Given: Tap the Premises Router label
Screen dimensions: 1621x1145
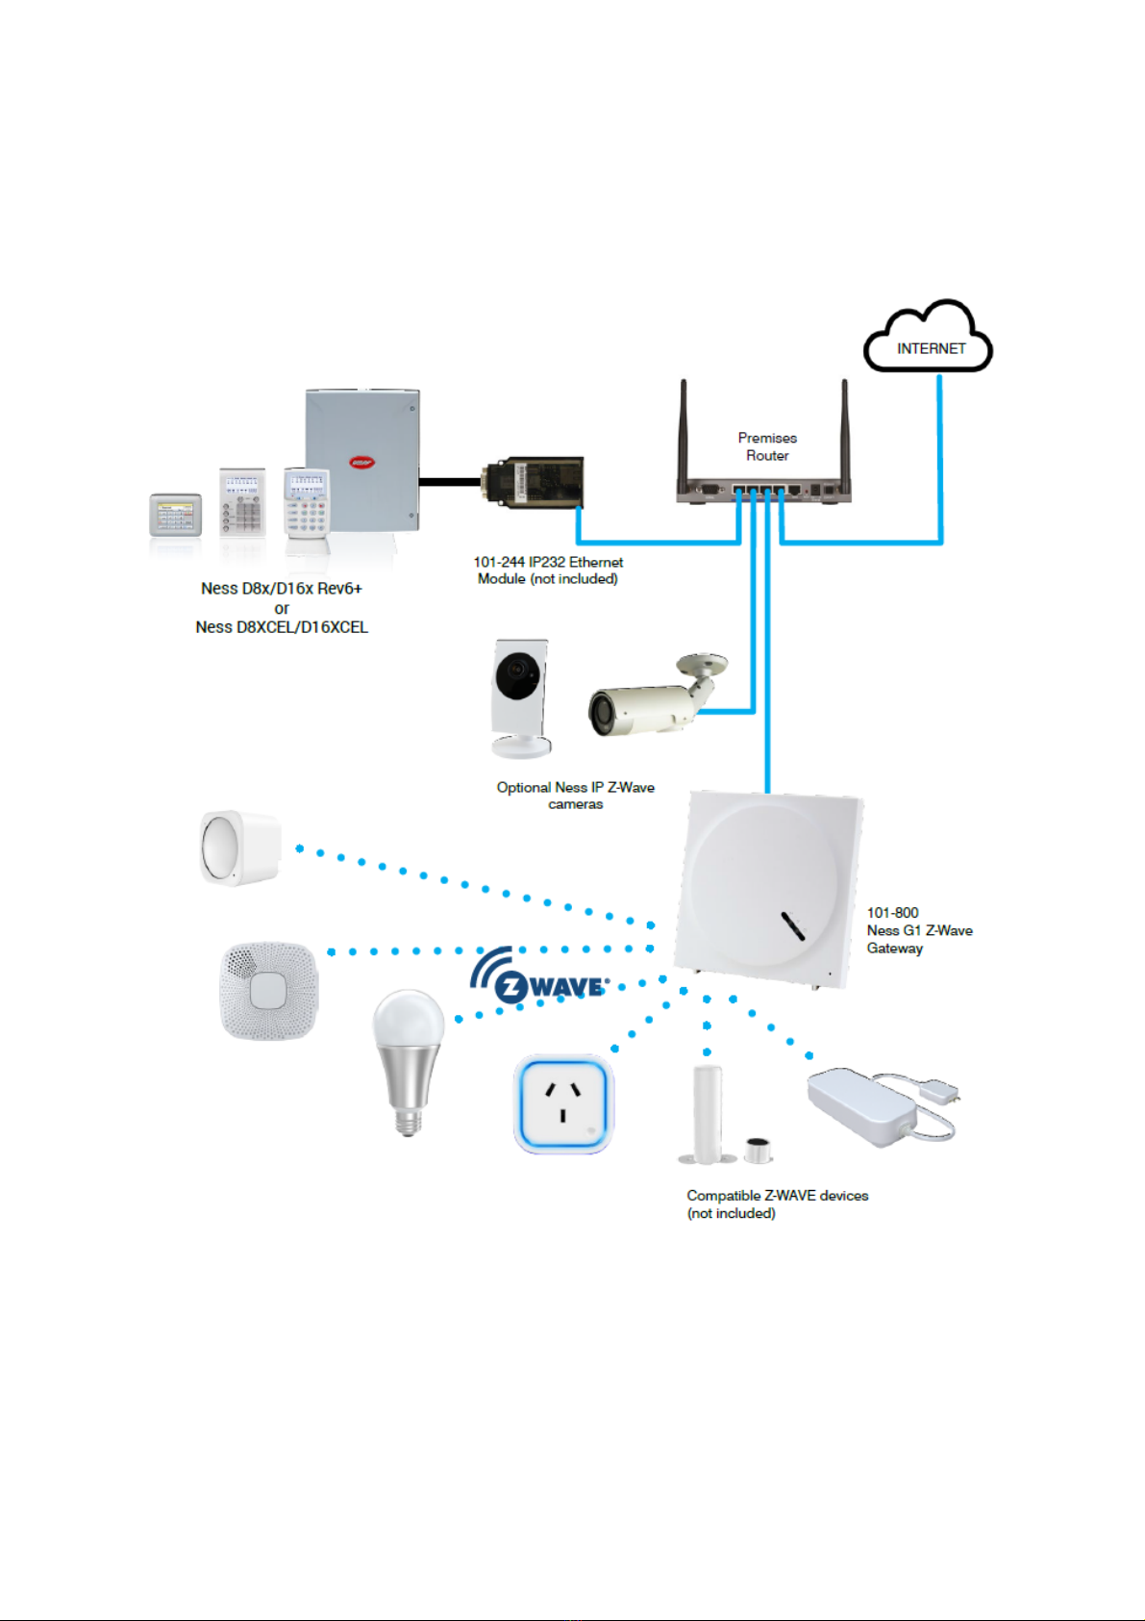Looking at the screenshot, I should pos(767,446).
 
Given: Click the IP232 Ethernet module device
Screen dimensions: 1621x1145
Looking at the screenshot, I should pos(535,482).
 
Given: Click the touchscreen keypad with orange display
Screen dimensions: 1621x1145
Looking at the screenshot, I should pos(175,515).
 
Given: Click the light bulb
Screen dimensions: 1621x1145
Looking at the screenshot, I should pos(408,1058).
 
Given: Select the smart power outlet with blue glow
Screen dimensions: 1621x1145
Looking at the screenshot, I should pos(563,1103).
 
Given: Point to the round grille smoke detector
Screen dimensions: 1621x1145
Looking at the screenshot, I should pos(268,991).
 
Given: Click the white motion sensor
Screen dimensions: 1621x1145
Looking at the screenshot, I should pos(239,848).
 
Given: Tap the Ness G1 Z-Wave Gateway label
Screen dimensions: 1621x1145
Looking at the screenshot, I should pos(918,930).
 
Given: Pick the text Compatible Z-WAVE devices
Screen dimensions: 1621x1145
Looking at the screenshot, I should pos(777,1196).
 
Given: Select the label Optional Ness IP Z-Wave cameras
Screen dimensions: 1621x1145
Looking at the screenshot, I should pos(575,796).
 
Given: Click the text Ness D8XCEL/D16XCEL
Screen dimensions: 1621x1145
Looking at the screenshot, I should pos(282,627).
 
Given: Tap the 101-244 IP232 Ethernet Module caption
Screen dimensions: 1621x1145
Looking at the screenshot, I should pos(548,570).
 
